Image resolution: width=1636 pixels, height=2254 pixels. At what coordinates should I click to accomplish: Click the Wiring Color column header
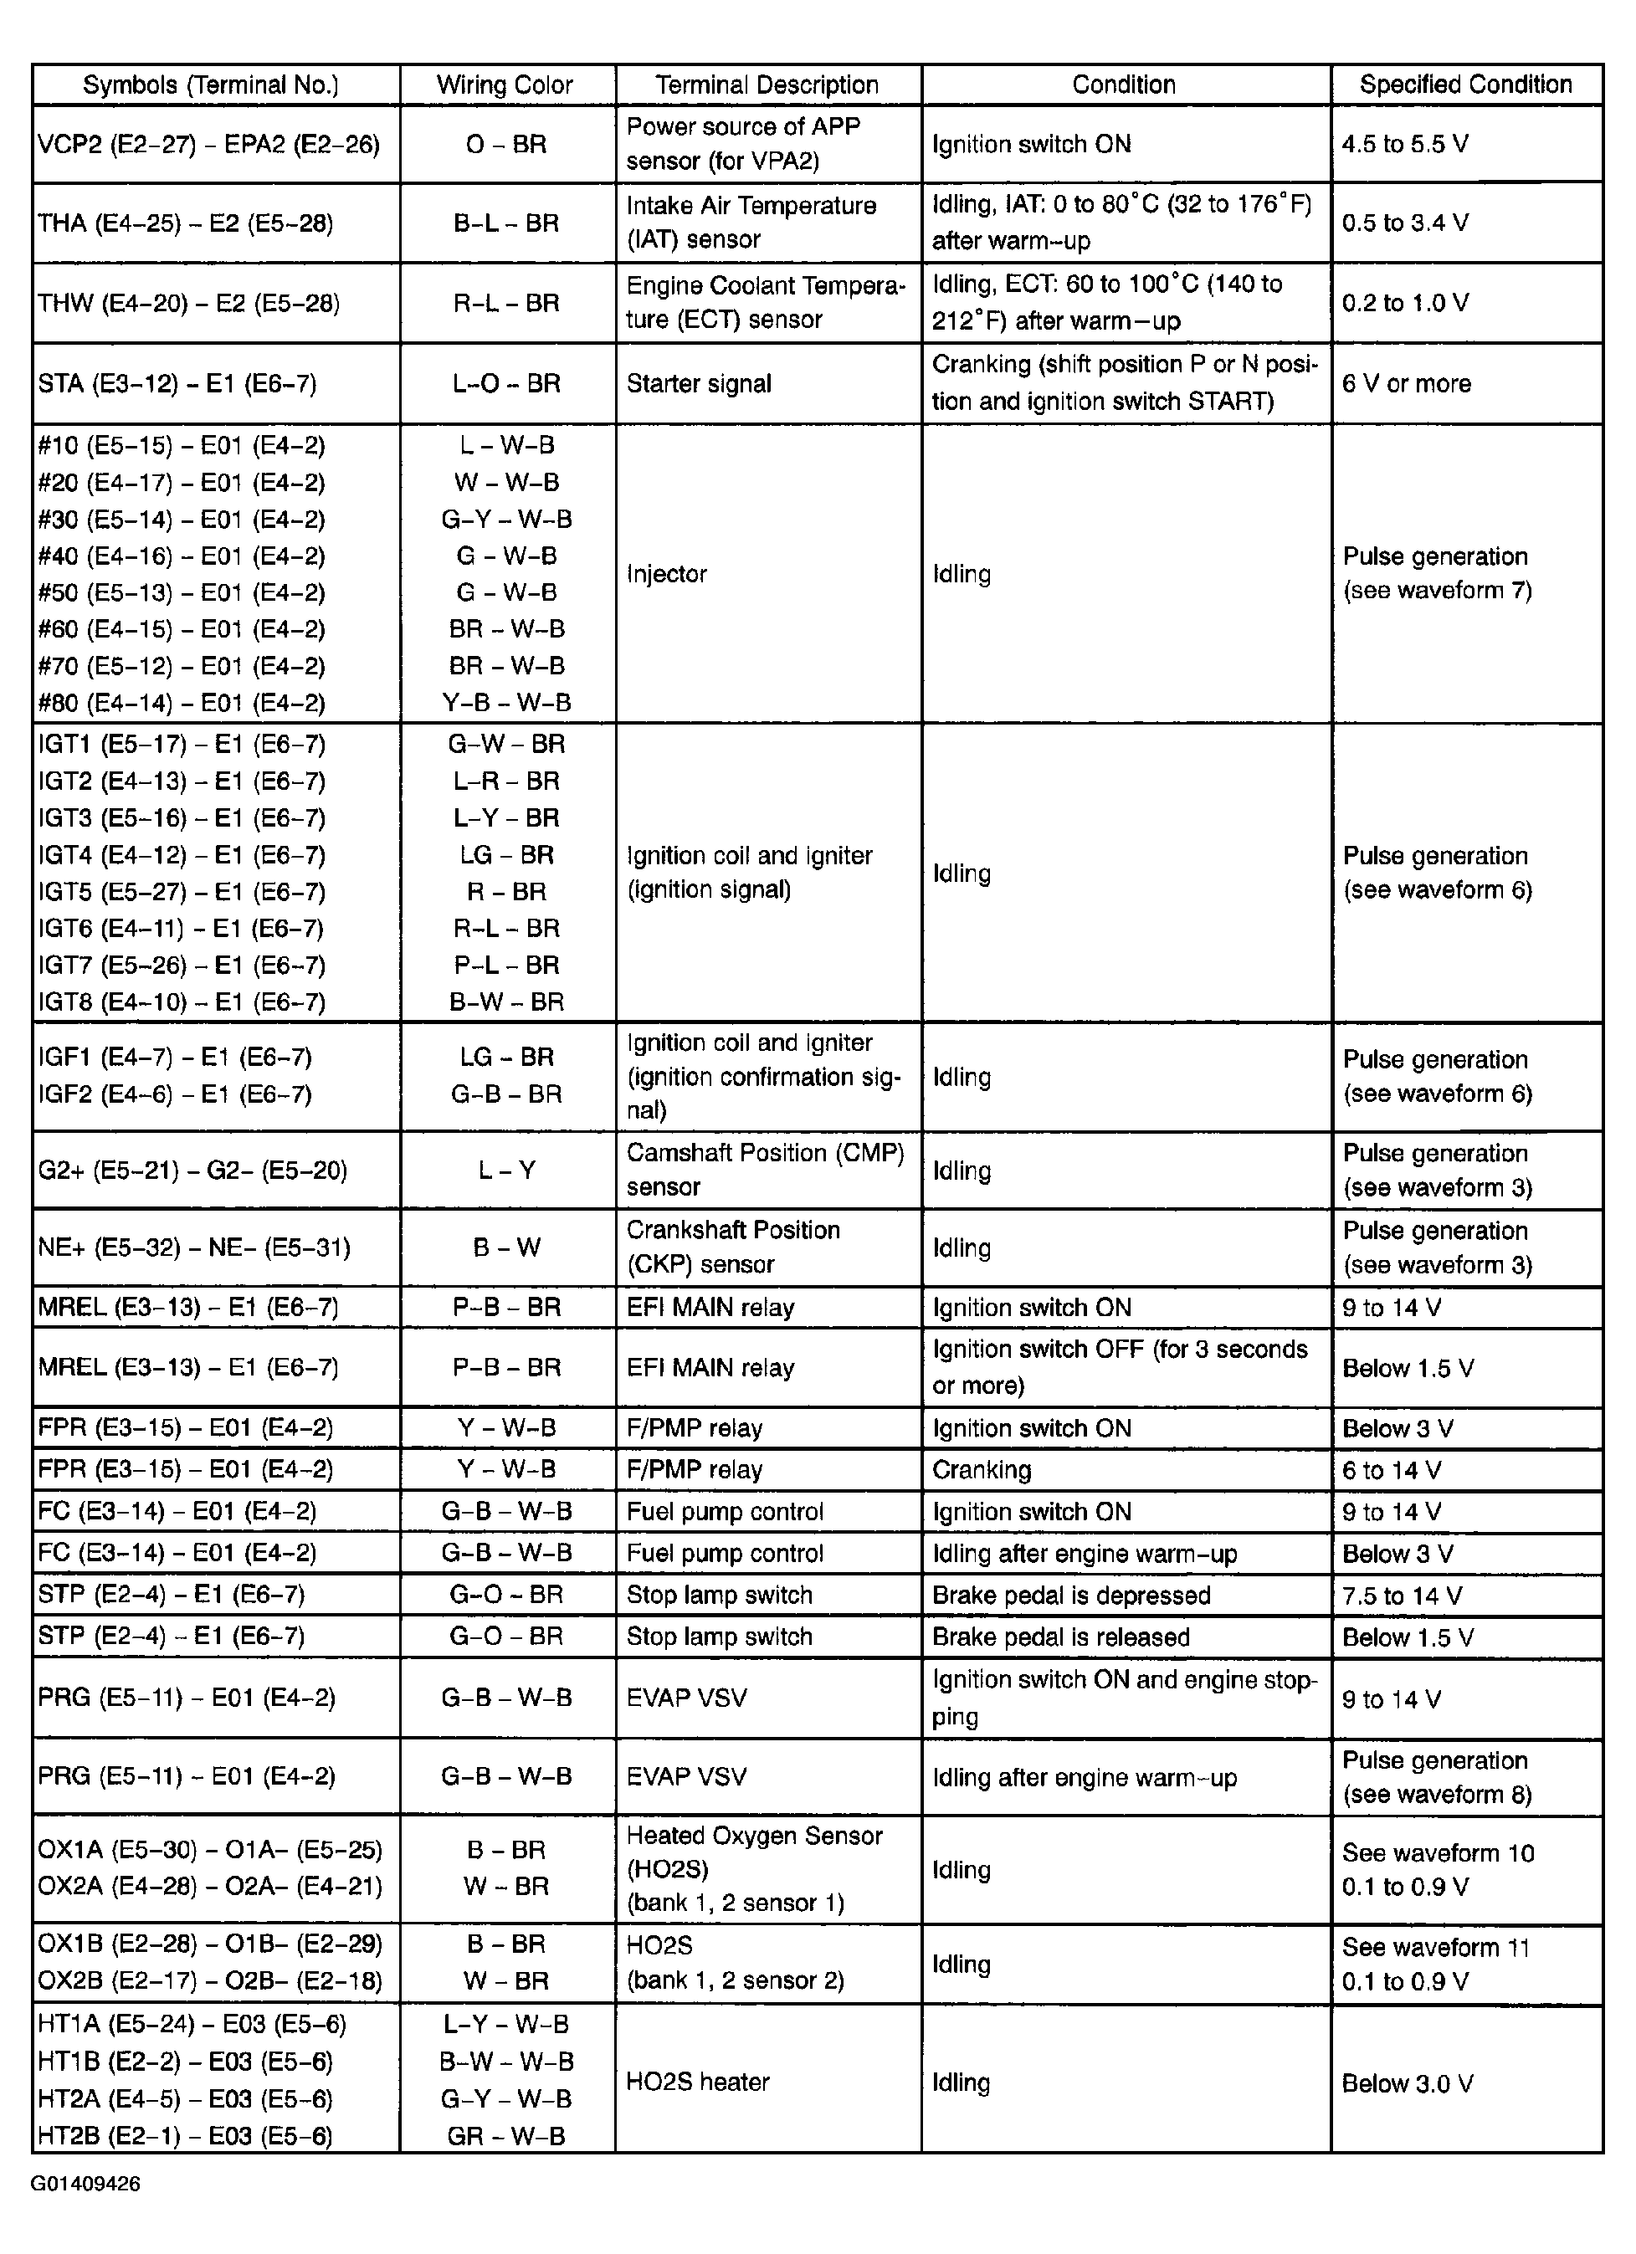point(505,85)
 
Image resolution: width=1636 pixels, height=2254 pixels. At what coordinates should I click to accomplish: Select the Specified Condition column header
point(1465,85)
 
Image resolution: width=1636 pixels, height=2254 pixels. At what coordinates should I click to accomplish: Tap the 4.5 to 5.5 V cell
point(1404,144)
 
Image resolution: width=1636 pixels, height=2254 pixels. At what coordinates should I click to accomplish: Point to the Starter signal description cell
point(699,384)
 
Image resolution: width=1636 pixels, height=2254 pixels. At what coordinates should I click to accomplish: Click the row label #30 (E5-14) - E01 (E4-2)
point(182,519)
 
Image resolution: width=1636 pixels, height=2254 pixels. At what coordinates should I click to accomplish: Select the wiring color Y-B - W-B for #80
point(507,703)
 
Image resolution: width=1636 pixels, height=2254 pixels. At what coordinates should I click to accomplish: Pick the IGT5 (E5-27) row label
point(182,891)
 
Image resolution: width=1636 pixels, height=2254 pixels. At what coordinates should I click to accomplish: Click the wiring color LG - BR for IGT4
point(507,855)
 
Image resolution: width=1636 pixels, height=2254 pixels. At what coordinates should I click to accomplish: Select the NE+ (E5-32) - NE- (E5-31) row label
point(194,1247)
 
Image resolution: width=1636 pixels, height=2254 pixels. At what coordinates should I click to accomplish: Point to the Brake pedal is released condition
point(1060,1637)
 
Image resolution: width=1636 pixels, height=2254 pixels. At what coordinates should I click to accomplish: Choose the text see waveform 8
point(1437,1794)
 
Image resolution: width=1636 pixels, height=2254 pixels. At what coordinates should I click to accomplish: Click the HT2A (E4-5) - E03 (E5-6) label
point(185,2099)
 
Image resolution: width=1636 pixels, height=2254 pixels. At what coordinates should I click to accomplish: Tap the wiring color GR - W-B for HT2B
point(506,2136)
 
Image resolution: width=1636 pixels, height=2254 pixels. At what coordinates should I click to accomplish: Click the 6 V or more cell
point(1405,384)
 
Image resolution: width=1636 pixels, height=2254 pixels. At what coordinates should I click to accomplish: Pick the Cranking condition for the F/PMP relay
point(981,1470)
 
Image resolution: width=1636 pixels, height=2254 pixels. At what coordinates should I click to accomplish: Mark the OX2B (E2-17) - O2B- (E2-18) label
point(210,1980)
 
